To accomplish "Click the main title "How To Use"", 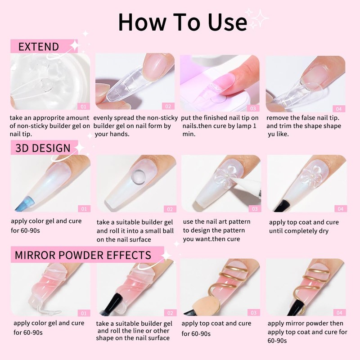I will [182, 21].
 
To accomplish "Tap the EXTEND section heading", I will [38, 47].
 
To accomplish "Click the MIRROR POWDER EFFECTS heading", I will [83, 254].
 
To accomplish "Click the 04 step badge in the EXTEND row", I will [339, 108].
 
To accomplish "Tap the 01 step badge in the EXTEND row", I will [82, 107].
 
